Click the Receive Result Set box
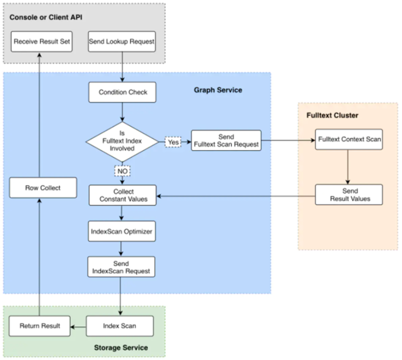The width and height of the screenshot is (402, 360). point(41,41)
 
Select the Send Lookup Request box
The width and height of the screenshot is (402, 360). point(122,41)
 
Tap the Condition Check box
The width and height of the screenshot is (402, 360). point(122,92)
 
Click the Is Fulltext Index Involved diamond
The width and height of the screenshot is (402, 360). point(122,142)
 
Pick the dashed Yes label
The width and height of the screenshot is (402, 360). point(173,142)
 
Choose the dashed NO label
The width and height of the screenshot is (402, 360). point(122,171)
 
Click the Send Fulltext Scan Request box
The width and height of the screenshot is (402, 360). point(226,140)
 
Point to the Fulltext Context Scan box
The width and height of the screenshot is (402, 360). point(349,140)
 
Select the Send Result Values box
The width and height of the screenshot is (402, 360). point(349,194)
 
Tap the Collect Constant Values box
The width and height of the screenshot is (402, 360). point(123,195)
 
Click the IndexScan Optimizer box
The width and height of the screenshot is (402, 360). point(122,231)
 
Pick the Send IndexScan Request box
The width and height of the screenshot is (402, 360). point(121,267)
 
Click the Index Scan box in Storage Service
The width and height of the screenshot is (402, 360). point(120,326)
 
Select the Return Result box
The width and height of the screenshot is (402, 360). point(39,326)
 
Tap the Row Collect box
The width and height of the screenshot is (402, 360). point(43,188)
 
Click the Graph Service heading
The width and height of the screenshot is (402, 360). point(218,90)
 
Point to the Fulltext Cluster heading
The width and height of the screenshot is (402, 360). point(332,115)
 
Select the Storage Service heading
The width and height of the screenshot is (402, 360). point(121,348)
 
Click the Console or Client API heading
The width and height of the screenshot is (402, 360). point(46,17)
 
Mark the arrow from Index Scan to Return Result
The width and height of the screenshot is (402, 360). point(78,327)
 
